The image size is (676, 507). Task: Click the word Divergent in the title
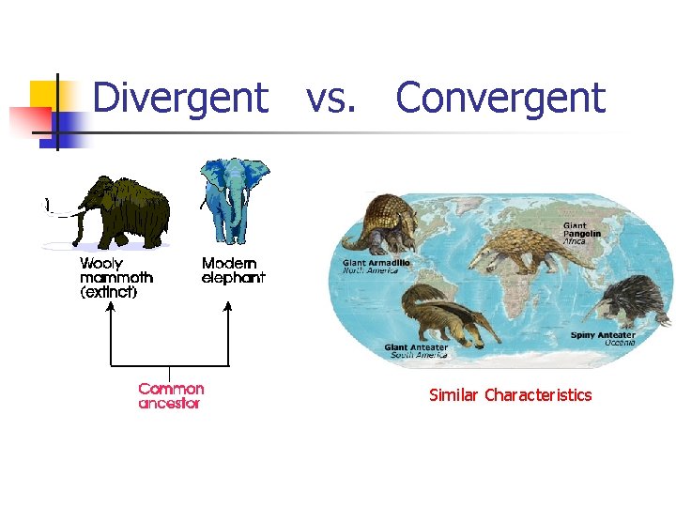click(180, 98)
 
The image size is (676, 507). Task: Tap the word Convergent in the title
click(500, 98)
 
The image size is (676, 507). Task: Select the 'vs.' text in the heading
click(331, 98)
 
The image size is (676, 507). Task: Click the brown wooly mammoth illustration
click(122, 211)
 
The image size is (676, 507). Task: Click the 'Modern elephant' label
click(233, 270)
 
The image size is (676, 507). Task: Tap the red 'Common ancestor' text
click(171, 395)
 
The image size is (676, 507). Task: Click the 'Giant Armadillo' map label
click(376, 267)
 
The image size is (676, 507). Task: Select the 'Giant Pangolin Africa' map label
click(575, 233)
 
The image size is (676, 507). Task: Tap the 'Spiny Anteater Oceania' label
click(603, 338)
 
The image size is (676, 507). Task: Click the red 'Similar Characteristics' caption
click(510, 395)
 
